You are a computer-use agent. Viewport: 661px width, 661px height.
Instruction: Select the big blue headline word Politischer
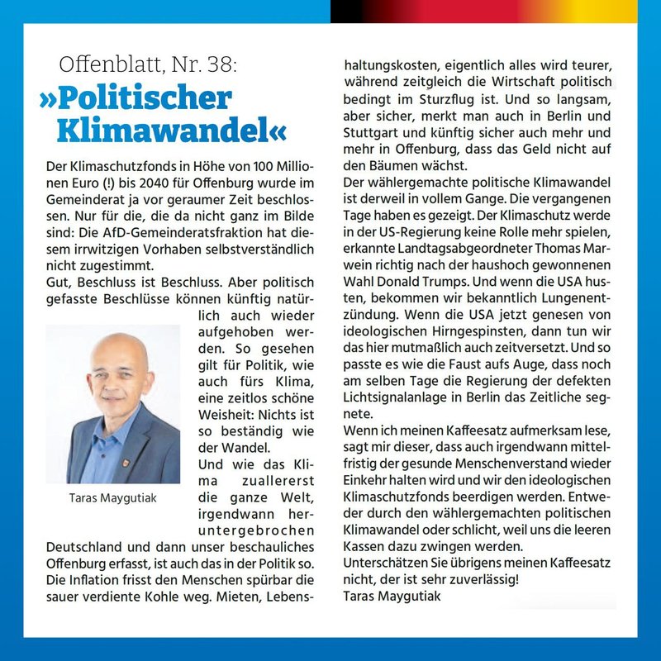(x=136, y=97)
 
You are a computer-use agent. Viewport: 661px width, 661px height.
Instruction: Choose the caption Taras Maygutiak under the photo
(x=112, y=499)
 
